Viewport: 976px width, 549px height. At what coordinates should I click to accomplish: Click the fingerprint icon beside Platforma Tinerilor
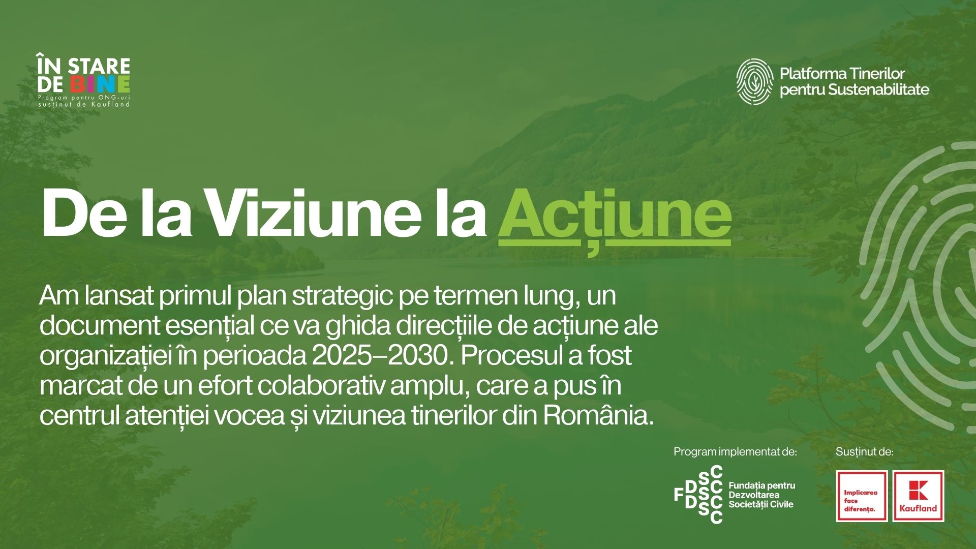pos(755,81)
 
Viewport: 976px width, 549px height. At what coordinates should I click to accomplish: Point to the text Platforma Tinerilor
pos(842,74)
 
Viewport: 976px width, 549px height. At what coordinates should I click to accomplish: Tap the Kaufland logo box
pos(918,496)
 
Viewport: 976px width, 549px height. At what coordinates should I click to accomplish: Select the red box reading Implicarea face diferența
pos(862,496)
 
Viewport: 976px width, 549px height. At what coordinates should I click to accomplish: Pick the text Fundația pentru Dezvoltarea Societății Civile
pos(762,495)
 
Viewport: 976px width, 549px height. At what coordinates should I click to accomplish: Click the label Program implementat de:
pos(735,451)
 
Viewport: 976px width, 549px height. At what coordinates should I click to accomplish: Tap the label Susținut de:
pos(865,451)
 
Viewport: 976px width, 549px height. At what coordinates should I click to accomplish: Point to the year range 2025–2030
pos(381,356)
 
